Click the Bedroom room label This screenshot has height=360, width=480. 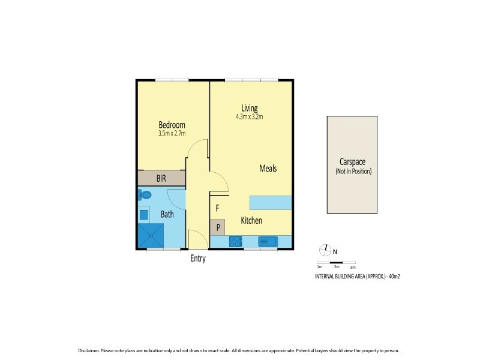[x=172, y=125]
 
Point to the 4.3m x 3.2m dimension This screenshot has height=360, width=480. [x=249, y=116]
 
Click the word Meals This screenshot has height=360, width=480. [x=268, y=169]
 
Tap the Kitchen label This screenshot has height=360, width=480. [x=251, y=221]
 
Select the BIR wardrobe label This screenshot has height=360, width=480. [x=161, y=178]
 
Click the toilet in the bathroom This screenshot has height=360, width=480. [x=145, y=195]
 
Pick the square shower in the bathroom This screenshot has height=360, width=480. [x=151, y=235]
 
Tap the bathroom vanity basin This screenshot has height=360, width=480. [x=144, y=214]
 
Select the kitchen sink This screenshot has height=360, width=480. [x=267, y=242]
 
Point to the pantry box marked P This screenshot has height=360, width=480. [x=217, y=227]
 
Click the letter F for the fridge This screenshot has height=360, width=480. [x=217, y=209]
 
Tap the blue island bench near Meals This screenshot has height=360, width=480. [x=271, y=202]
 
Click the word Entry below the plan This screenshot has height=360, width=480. [x=197, y=259]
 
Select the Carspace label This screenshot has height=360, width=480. [x=353, y=163]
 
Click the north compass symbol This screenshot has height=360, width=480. [x=325, y=250]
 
